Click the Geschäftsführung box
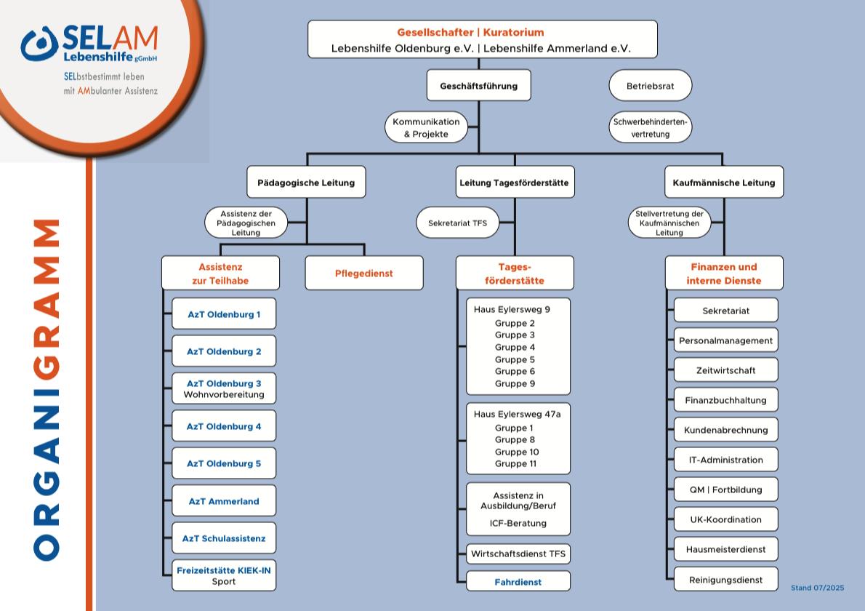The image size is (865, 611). (x=478, y=86)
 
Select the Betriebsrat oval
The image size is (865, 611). (x=650, y=86)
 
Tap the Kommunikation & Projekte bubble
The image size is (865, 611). (x=426, y=128)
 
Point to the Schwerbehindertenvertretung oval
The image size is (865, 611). (x=650, y=128)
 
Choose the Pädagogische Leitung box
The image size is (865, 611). (x=306, y=183)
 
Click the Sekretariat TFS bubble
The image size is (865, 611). (x=458, y=223)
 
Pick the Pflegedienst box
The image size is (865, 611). (x=363, y=273)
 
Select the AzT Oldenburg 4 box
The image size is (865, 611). (x=224, y=426)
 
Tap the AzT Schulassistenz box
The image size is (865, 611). (x=224, y=538)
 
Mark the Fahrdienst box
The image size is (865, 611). (x=518, y=582)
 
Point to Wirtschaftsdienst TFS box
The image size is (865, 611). (x=518, y=554)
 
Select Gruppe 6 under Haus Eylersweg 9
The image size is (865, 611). (x=515, y=372)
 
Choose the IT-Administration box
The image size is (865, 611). (x=725, y=460)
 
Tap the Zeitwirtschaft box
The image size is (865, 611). (x=725, y=370)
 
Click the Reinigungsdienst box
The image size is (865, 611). (x=725, y=580)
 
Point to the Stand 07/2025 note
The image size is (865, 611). (x=817, y=587)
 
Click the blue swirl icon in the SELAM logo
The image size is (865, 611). (x=39, y=44)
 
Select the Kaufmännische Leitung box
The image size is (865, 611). (x=723, y=183)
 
